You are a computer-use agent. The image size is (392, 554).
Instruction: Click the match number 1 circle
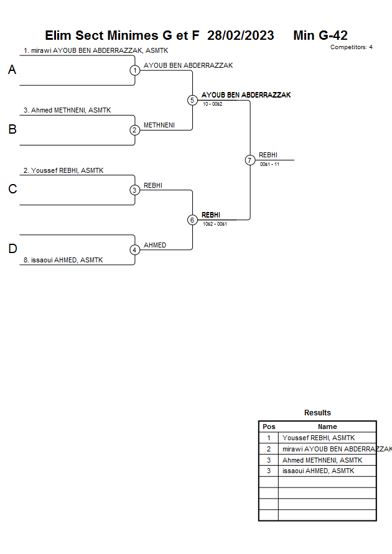[135, 70]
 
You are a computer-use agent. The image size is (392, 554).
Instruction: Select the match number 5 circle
[192, 100]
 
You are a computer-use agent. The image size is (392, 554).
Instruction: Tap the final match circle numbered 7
[250, 160]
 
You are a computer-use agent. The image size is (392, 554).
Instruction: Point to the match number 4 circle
[135, 250]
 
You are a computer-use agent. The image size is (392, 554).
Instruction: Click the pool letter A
[12, 70]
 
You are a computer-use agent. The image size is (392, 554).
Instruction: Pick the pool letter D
[12, 249]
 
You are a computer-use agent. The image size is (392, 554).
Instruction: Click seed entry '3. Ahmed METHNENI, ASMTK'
[67, 110]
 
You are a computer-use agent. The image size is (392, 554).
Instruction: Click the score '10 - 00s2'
[212, 104]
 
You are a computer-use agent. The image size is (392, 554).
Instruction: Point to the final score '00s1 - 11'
[269, 164]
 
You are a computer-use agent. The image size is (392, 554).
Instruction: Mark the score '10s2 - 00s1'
[215, 224]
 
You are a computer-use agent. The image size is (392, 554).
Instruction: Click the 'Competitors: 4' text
[352, 47]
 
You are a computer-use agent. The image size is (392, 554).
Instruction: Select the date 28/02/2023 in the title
[241, 35]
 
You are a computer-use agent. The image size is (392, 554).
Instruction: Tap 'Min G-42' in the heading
[320, 35]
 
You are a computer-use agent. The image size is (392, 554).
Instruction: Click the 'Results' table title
[317, 413]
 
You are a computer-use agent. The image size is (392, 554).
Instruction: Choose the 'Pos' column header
[269, 427]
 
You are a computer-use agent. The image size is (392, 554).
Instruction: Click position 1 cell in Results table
[269, 438]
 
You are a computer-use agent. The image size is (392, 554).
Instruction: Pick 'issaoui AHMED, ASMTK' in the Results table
[318, 471]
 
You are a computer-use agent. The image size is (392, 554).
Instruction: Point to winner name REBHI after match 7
[268, 155]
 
